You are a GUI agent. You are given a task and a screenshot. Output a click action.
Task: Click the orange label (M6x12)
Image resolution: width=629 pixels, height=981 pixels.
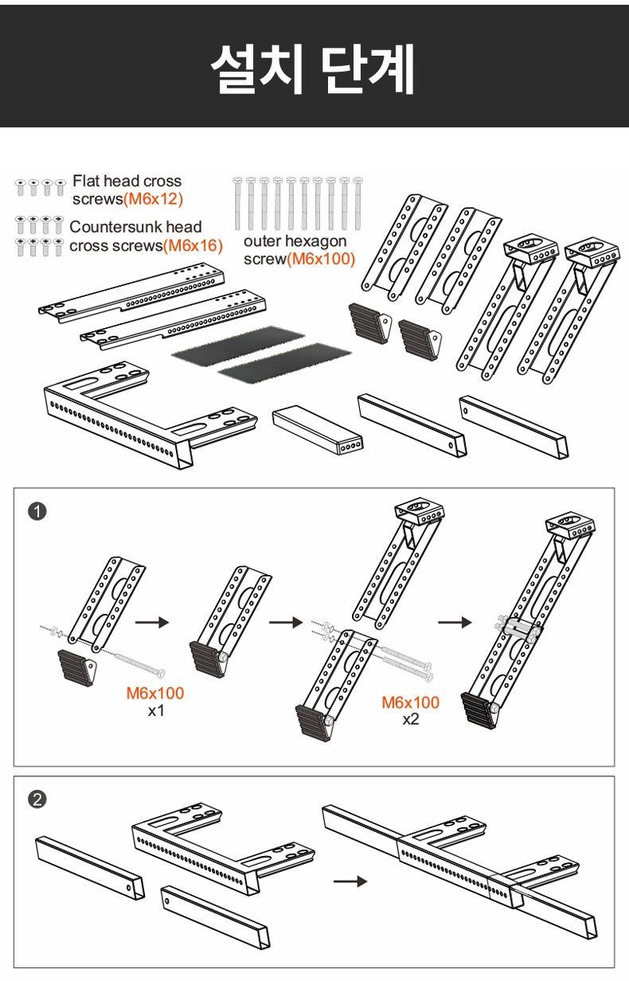[x=153, y=199]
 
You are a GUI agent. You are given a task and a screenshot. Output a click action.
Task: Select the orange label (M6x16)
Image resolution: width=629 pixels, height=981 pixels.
[x=193, y=246]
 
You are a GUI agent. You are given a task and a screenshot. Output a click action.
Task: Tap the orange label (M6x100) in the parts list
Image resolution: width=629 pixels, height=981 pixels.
[x=321, y=260]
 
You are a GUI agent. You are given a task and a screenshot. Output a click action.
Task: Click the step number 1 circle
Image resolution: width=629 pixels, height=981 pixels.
[x=37, y=511]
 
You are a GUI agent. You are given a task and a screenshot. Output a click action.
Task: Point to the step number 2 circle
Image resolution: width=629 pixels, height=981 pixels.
[x=37, y=800]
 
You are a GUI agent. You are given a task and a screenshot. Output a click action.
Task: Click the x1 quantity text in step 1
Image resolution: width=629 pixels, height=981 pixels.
[x=155, y=710]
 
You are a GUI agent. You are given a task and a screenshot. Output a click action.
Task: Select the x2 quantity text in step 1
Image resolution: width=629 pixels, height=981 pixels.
[x=410, y=719]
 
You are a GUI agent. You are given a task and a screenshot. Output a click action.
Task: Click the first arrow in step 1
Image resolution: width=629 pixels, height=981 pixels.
[x=151, y=623]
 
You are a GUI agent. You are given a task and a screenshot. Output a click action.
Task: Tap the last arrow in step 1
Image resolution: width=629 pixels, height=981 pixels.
[x=455, y=623]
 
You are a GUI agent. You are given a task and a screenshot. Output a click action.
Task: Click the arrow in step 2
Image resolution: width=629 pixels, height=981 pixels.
[x=350, y=881]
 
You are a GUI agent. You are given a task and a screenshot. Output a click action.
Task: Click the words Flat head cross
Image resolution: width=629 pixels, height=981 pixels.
[x=127, y=181]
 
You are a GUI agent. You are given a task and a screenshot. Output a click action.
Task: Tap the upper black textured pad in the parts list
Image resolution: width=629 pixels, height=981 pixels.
[x=238, y=343]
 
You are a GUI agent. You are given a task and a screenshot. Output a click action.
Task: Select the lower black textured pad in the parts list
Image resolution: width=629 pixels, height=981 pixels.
[x=285, y=363]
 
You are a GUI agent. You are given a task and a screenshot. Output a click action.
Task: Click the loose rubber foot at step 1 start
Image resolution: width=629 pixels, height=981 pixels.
[x=77, y=667]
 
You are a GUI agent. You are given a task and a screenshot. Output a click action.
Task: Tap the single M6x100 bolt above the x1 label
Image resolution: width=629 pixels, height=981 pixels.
[x=139, y=664]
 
